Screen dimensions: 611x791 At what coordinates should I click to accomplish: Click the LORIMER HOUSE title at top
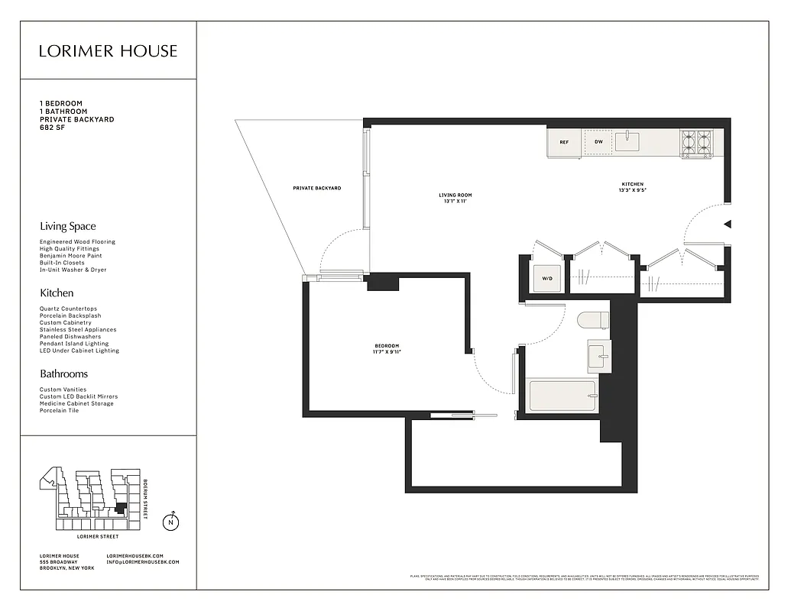108,51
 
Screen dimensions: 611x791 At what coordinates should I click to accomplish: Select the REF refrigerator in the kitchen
564,142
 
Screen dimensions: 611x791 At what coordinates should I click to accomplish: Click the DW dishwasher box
598,142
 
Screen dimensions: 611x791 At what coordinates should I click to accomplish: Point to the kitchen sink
627,141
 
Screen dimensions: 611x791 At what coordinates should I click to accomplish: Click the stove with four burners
696,143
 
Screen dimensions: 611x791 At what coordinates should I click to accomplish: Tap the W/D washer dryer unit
547,279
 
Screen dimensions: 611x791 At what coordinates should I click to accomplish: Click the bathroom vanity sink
599,357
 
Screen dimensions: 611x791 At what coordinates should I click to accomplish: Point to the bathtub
562,396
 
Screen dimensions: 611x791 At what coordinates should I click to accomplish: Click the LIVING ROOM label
452,196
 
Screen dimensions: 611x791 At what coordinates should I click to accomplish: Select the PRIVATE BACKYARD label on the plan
317,188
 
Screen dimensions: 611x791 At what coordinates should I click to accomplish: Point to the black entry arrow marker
728,224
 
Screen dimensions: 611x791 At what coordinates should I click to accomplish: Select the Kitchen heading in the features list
57,293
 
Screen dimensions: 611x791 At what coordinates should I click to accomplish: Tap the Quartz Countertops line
68,309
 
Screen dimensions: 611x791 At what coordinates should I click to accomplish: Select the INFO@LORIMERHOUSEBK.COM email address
143,562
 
